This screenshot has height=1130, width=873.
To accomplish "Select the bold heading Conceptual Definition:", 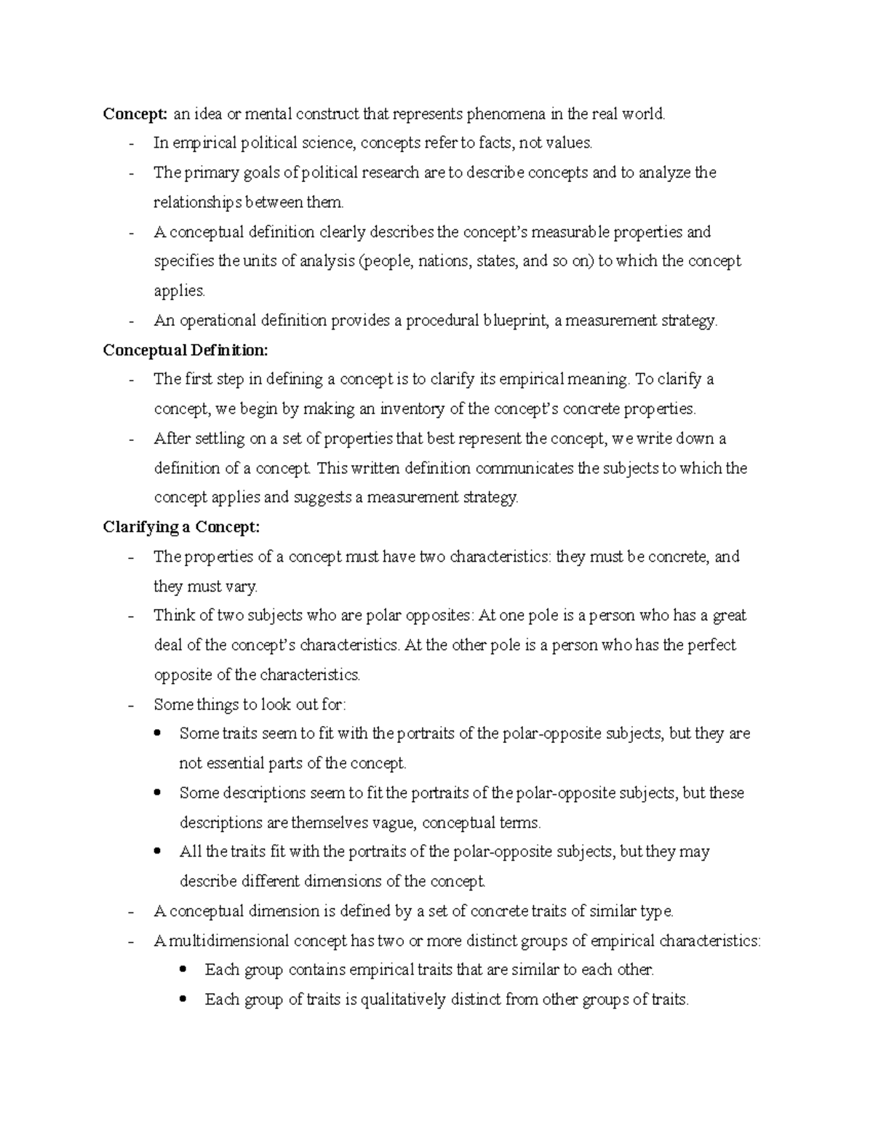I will click(186, 350).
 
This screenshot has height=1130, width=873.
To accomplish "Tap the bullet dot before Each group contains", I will click(186, 969).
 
